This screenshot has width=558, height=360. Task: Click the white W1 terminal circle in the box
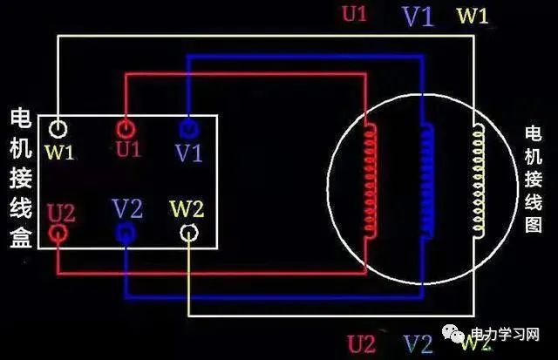(x=58, y=130)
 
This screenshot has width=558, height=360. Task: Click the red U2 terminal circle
(x=58, y=234)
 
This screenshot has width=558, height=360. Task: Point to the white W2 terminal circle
(x=189, y=233)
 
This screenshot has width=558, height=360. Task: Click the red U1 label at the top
(x=354, y=15)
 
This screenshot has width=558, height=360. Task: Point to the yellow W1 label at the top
(x=473, y=15)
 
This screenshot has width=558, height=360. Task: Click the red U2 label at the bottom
(x=362, y=342)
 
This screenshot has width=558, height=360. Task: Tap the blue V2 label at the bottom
(x=418, y=342)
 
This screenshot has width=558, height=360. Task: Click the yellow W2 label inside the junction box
(x=187, y=210)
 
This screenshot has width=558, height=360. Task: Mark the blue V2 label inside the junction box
(x=127, y=209)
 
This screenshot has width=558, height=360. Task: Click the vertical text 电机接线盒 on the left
(x=22, y=179)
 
